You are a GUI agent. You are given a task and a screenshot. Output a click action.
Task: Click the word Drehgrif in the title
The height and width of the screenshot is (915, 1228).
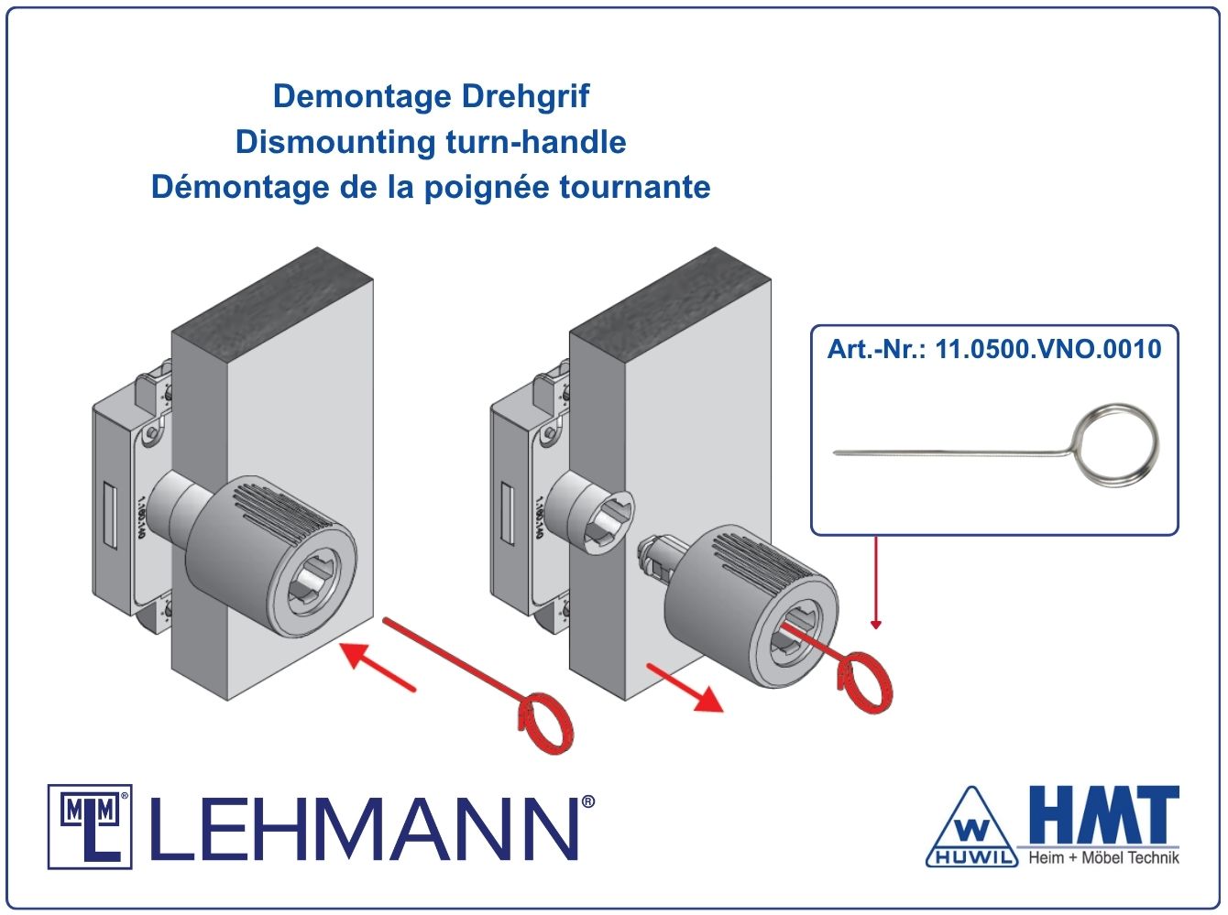coord(525,96)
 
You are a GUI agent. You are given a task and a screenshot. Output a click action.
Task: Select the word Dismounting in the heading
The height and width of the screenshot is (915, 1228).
coord(335,142)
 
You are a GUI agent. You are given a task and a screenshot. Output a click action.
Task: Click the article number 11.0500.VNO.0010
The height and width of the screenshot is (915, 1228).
coord(1048,349)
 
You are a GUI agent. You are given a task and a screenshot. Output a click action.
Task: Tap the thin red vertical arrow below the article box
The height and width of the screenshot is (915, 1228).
coord(876,583)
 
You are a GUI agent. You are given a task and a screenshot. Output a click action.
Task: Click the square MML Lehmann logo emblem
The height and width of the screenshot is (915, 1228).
coord(90,827)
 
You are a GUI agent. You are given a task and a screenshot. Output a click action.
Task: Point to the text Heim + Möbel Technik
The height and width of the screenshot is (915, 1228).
coord(1103,857)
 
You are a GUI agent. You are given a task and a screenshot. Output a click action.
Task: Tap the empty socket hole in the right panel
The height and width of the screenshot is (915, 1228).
coord(609,523)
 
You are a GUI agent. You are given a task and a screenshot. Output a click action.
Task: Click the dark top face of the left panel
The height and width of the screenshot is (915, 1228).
coord(272,296)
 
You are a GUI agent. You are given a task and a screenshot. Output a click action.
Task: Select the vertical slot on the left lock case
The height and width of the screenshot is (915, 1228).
coord(111,516)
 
